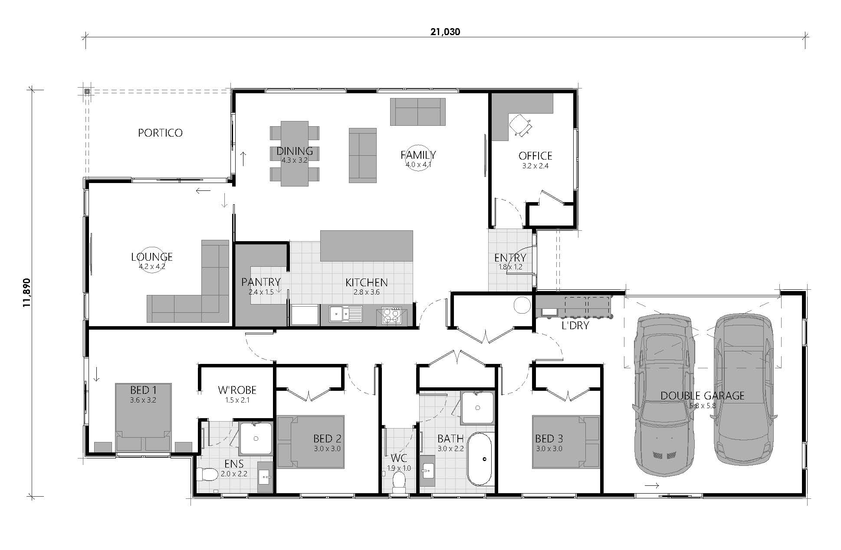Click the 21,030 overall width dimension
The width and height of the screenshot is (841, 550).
(x=445, y=32)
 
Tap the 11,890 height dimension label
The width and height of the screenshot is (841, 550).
(x=27, y=292)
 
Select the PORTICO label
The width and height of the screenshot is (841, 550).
(x=160, y=133)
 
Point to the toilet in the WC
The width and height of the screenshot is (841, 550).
(x=398, y=482)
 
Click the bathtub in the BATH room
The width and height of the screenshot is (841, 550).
(x=480, y=458)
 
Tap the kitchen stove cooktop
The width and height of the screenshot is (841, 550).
(x=391, y=315)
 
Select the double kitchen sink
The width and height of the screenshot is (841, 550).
(x=345, y=314)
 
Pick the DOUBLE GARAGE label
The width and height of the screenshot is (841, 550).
(x=702, y=396)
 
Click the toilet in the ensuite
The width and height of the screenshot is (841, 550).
(x=207, y=475)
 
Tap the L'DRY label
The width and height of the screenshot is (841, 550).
(x=575, y=325)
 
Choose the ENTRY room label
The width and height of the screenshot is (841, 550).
(x=510, y=258)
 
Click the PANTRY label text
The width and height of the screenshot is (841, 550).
(x=261, y=282)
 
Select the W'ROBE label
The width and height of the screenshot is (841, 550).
(x=237, y=390)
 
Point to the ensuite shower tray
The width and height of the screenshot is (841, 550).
(x=256, y=438)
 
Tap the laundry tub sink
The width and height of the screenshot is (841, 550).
(x=549, y=311)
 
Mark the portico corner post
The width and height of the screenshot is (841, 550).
(x=87, y=92)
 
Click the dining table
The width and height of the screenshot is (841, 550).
(x=295, y=154)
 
